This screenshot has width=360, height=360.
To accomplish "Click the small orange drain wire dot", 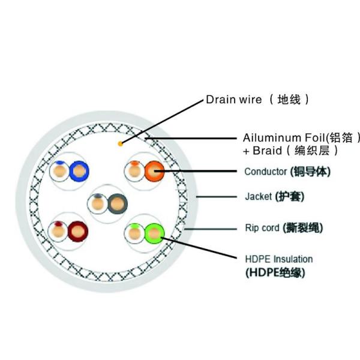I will (121, 143).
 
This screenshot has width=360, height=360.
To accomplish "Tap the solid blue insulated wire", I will (79, 172).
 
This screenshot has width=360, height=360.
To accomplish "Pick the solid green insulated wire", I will (154, 232).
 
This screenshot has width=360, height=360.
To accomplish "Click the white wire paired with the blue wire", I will (60, 172).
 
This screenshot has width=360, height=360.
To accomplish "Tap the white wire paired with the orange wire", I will (134, 172).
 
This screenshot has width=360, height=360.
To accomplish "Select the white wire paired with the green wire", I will (134, 232).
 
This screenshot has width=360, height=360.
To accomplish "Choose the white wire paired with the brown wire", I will (59, 230).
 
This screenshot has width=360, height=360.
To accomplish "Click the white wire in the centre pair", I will (97, 205).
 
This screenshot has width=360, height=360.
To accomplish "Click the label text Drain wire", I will (233, 100).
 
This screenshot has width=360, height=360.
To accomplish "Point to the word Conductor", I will (265, 172).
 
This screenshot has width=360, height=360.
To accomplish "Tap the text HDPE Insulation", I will (278, 259).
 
